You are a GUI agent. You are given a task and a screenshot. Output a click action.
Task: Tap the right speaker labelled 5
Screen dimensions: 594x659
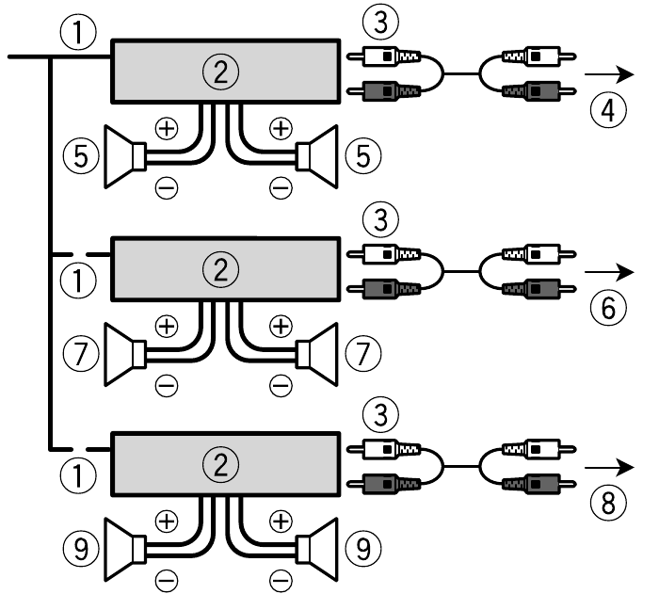(x=315, y=155)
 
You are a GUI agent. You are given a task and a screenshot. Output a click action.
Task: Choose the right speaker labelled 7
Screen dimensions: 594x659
(x=315, y=354)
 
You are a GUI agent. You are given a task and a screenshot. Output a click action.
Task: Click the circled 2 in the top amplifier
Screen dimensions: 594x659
(x=223, y=71)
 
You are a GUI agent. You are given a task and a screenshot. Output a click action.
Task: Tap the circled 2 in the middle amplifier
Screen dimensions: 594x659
(x=223, y=269)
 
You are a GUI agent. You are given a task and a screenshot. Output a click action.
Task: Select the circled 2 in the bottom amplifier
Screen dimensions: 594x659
(x=223, y=465)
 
